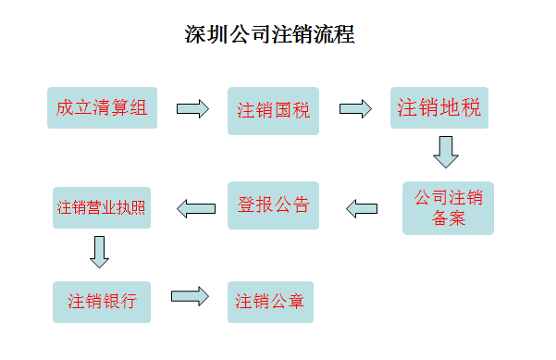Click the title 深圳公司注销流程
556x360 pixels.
coord(269,36)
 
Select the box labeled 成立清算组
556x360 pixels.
coord(102,107)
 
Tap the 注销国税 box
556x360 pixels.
coord(273,111)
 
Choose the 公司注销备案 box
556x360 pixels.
coord(449,207)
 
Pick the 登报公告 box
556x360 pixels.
coord(274,205)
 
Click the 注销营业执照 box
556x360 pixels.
coord(102,207)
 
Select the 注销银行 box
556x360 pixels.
coord(102,302)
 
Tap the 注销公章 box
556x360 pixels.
coord(270,302)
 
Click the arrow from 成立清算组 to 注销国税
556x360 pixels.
coord(192,109)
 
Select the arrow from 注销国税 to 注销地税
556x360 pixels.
coord(355,109)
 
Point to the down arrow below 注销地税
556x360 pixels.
coord(446,152)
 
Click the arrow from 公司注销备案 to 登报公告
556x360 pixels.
coord(362,207)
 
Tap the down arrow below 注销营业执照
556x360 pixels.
coord(100,251)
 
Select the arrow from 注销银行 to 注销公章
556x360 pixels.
coord(190,296)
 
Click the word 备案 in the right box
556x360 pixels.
coord(449,218)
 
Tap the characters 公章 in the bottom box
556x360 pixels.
coord(287,302)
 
